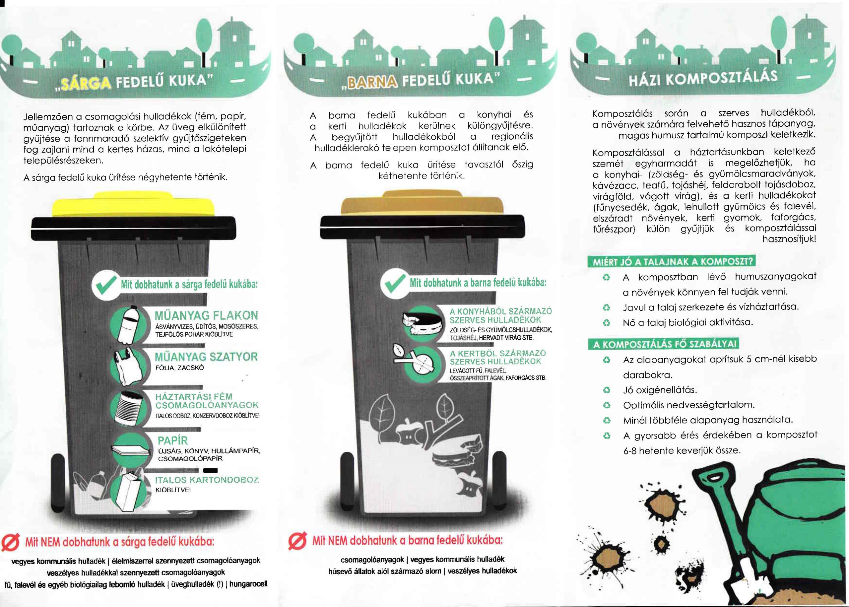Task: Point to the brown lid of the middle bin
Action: coord(423,203)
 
